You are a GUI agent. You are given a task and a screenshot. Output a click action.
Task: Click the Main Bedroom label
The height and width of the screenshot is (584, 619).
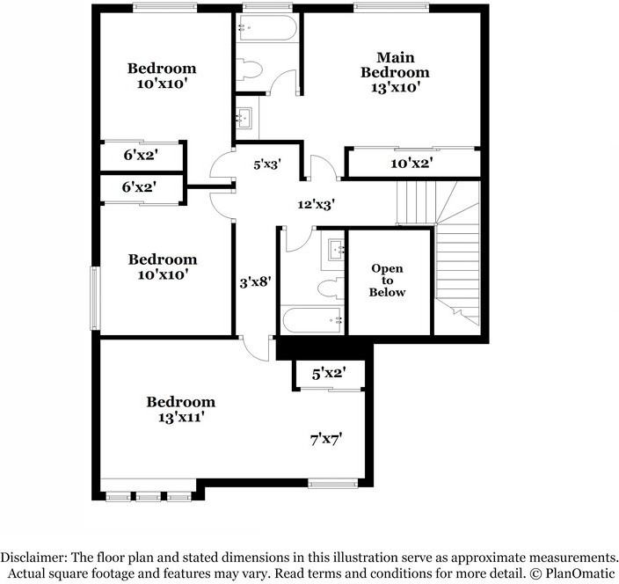click(395, 64)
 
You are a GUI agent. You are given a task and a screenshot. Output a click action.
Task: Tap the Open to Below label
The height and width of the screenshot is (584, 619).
click(387, 280)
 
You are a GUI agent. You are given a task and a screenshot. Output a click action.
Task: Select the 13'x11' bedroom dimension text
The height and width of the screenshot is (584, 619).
click(180, 418)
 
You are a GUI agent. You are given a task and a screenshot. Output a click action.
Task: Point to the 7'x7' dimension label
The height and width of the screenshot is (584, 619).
click(325, 437)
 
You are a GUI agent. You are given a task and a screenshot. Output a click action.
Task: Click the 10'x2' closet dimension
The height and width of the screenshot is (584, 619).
click(411, 164)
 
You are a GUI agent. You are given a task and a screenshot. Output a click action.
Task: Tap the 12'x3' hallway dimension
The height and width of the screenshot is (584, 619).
click(316, 204)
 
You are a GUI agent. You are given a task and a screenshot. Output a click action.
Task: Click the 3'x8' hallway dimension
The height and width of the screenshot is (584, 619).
click(255, 282)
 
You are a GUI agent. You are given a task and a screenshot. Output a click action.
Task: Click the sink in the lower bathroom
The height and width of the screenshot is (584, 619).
click(336, 250)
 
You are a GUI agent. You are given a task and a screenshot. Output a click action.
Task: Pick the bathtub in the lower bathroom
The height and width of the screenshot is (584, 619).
click(313, 319)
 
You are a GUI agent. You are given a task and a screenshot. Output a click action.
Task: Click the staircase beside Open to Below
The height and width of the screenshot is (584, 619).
click(457, 255)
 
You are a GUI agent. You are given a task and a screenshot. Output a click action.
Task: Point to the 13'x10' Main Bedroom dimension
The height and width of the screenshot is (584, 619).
click(395, 88)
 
